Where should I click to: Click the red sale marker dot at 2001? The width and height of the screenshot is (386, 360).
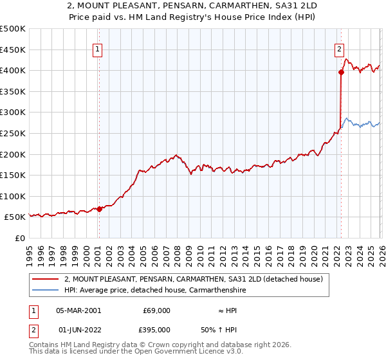click(99, 209)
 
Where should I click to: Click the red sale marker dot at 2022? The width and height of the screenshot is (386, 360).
click(341, 73)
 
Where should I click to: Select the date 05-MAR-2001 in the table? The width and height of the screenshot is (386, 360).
click(78, 310)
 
